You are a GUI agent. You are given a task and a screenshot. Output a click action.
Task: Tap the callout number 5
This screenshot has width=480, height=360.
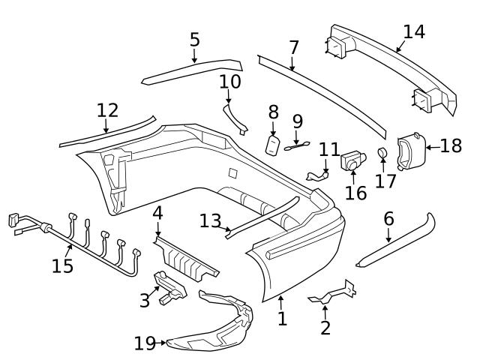(x=194, y=39)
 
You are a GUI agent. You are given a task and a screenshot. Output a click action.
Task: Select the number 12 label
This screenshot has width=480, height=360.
(x=107, y=110)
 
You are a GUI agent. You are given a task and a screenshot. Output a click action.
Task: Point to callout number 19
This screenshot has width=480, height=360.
(x=144, y=344)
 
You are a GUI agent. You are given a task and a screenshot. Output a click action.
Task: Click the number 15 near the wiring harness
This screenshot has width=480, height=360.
(x=63, y=266)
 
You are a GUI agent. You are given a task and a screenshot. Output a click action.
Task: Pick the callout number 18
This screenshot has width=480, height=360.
(x=451, y=145)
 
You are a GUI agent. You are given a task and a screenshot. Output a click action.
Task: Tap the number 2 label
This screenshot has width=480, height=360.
(x=325, y=328)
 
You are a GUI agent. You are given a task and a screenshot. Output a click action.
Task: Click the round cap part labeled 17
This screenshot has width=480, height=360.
(x=383, y=154)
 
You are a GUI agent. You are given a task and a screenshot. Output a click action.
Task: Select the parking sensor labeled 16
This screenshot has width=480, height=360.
(x=352, y=160)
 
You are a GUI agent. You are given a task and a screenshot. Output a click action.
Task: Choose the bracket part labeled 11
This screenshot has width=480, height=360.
(x=318, y=175)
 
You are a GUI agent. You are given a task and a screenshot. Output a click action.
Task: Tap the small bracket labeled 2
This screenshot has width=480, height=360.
(x=334, y=293)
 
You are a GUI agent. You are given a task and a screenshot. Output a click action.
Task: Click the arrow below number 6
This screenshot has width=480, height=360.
(x=388, y=235)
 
